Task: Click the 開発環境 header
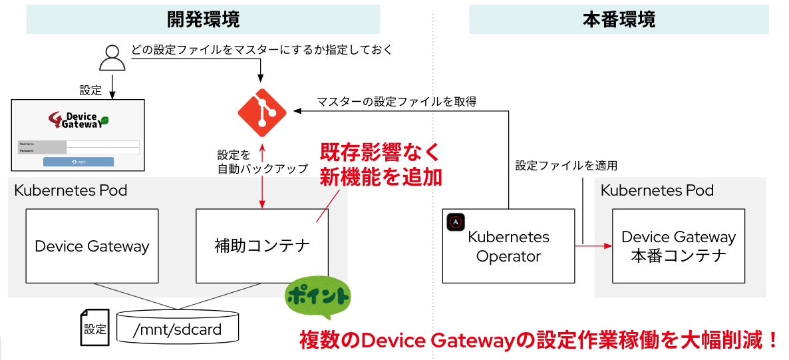(x=203, y=20)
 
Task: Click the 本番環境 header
(x=619, y=20)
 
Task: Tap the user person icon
(x=112, y=59)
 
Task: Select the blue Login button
(x=79, y=162)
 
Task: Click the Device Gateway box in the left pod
(x=92, y=246)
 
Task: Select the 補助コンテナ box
(x=262, y=246)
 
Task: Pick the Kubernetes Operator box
(x=508, y=246)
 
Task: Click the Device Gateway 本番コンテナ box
(x=679, y=246)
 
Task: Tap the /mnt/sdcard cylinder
(x=177, y=328)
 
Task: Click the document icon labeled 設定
(x=94, y=327)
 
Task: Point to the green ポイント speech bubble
(x=317, y=297)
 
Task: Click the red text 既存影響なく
(x=380, y=152)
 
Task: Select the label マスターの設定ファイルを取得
(x=396, y=102)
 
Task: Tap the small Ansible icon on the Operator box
(x=456, y=222)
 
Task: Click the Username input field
(x=103, y=144)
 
